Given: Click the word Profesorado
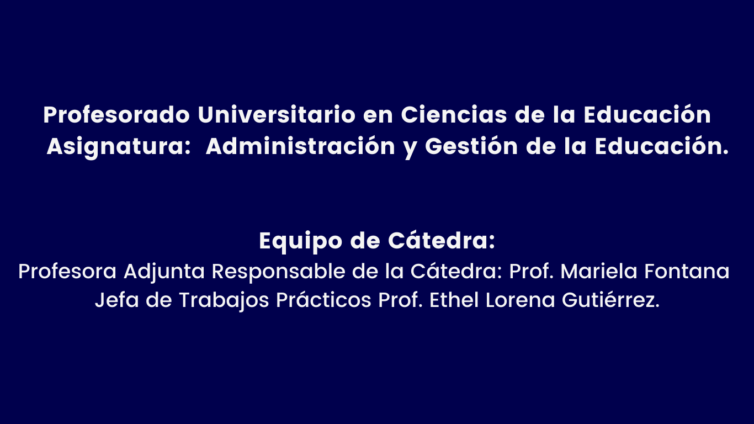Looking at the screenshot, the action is pos(116,115).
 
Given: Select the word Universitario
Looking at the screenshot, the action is pos(277,114).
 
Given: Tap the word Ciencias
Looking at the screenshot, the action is pos(454,114).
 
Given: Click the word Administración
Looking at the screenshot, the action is pos(300,146).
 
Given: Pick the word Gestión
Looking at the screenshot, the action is pos(471,146).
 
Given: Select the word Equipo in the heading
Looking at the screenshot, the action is pos(301,242).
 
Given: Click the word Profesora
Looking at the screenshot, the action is pos(67,272).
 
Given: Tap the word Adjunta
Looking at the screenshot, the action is pos(164,272).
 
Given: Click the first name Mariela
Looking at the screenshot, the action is pos(598,271).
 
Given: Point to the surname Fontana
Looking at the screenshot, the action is pos(687,271).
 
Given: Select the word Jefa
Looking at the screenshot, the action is pos(117,300).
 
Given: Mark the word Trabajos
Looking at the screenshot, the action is pos(224,301).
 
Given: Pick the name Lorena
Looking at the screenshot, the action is pos(520,300).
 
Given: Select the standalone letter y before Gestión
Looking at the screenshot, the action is pos(410,149).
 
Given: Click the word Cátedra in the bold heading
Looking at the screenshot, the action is pos(441,241).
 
